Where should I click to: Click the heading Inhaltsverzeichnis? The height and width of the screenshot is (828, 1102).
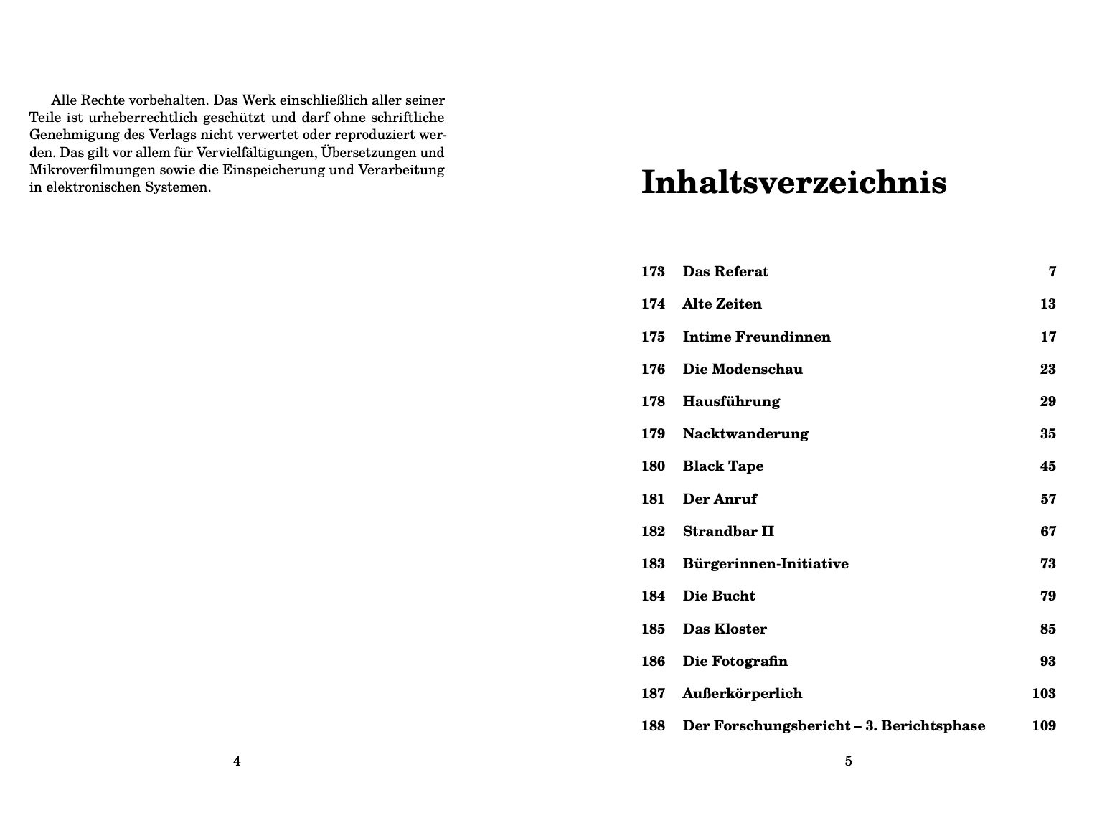(793, 182)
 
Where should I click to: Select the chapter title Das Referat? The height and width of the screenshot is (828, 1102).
(725, 272)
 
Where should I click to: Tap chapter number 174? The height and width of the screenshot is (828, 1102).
(653, 304)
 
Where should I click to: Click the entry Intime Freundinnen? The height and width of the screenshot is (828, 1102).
(756, 337)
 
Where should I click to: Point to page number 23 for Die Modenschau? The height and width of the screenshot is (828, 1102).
(1047, 370)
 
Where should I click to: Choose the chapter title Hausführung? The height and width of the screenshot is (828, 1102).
(731, 402)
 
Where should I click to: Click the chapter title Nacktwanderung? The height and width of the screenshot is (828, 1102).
(745, 434)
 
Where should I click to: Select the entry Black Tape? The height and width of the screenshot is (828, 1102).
(722, 466)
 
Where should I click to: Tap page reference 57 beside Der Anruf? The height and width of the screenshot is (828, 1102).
(1047, 499)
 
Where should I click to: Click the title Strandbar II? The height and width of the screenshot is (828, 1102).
(728, 532)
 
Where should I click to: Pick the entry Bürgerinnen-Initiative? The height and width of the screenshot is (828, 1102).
(766, 564)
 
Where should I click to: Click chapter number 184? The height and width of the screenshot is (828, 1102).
(653, 596)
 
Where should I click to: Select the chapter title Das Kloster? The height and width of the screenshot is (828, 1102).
(725, 629)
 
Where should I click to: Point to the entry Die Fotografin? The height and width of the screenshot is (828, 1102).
(735, 662)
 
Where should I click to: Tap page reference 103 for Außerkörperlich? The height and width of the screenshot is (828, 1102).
(1044, 694)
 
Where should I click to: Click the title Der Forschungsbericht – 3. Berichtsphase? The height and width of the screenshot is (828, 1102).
(834, 726)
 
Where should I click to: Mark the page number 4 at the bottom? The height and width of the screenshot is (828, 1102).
(237, 761)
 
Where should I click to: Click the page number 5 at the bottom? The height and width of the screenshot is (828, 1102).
(848, 761)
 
